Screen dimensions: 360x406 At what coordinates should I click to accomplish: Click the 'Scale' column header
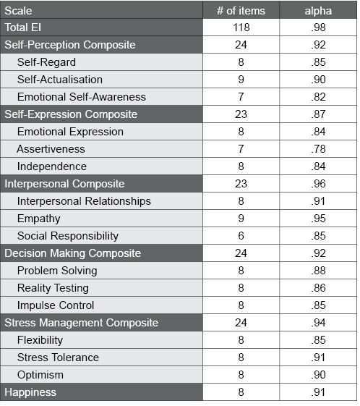pyautogui.click(x=18, y=10)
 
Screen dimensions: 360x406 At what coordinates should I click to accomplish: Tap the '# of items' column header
pyautogui.click(x=241, y=10)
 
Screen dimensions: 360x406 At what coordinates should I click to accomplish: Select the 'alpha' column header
pyautogui.click(x=319, y=10)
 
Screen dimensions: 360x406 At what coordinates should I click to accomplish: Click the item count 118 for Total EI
pyautogui.click(x=241, y=28)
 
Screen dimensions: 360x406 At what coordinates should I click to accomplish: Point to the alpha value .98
pyautogui.click(x=319, y=28)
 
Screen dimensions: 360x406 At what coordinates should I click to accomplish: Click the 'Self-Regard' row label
pyautogui.click(x=46, y=62)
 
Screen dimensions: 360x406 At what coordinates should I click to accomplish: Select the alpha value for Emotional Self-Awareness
pyautogui.click(x=319, y=97)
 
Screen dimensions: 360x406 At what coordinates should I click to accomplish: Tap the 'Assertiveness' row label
pyautogui.click(x=51, y=149)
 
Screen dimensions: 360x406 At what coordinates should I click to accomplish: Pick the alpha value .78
pyautogui.click(x=319, y=149)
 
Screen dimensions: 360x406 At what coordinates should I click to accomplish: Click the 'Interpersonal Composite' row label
pyautogui.click(x=64, y=184)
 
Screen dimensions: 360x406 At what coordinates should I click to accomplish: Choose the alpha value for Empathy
pyautogui.click(x=319, y=219)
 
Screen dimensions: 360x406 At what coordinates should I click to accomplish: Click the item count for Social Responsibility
pyautogui.click(x=241, y=236)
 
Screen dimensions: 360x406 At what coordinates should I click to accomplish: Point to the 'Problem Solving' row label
pyautogui.click(x=57, y=271)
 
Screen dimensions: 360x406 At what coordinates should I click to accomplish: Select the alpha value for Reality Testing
pyautogui.click(x=319, y=288)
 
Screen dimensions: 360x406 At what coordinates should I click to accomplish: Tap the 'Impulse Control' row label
pyautogui.click(x=56, y=305)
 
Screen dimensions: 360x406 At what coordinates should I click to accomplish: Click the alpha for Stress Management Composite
pyautogui.click(x=319, y=323)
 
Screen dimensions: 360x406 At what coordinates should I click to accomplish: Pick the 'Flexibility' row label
pyautogui.click(x=40, y=340)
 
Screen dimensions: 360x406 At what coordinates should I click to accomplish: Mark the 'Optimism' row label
pyautogui.click(x=40, y=375)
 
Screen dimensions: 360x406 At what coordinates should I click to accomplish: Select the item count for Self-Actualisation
pyautogui.click(x=241, y=80)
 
